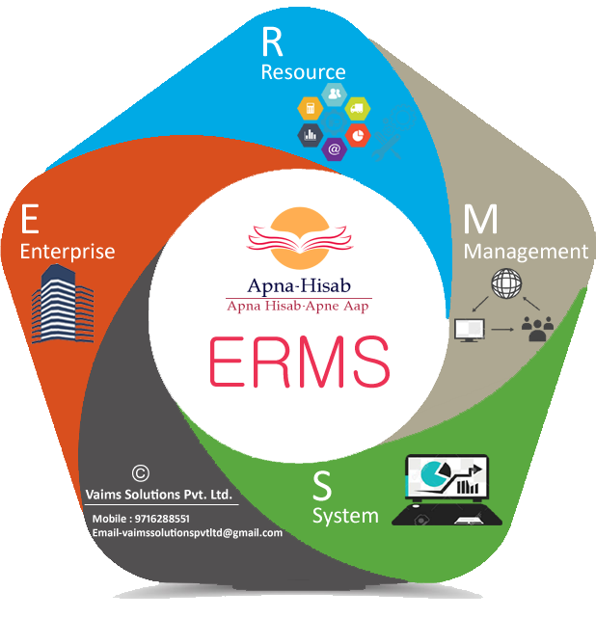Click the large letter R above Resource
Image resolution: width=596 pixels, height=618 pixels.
(274, 43)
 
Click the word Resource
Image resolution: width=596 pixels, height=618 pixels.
(303, 72)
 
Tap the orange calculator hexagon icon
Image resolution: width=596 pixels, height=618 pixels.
(311, 108)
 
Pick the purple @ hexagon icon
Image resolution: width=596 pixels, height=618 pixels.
(334, 149)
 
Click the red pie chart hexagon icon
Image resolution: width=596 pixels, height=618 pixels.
(358, 135)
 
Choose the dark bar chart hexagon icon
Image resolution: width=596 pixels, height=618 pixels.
(311, 135)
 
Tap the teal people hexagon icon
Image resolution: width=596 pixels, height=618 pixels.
(334, 94)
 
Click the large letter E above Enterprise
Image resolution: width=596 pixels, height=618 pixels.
(30, 220)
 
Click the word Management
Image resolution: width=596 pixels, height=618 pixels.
(526, 252)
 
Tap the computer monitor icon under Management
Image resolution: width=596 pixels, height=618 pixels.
(468, 330)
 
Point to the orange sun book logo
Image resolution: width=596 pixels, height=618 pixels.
(299, 236)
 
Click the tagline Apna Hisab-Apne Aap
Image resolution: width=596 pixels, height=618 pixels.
(299, 306)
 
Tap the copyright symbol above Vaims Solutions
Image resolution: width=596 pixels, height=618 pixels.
(141, 473)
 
